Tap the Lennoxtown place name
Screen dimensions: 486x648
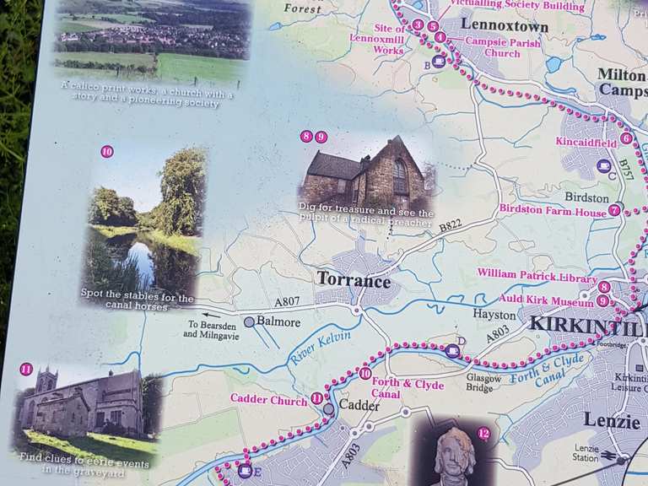[505, 27]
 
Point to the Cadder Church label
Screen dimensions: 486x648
[268, 401]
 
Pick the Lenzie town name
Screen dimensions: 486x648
[611, 420]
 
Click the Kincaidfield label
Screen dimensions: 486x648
[586, 142]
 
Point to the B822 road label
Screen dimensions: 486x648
[451, 225]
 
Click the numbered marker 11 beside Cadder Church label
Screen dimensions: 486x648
[316, 398]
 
